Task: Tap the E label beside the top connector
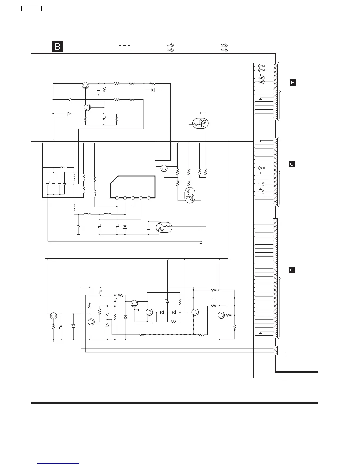pos(292,83)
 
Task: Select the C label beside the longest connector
pos(291,270)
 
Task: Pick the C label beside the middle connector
pos(292,164)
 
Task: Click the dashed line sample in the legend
pos(124,46)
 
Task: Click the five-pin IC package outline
pos(133,187)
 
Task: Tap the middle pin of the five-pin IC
pos(133,198)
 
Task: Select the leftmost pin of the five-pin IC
pos(117,198)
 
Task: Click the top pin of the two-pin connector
pos(275,348)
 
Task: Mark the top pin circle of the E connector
pos(275,66)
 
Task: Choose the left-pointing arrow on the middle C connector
pos(261,168)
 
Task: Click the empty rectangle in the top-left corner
pos(31,9)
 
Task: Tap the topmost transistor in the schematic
pos(85,85)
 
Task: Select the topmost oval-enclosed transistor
pos(200,124)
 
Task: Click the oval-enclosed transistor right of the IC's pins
pos(164,227)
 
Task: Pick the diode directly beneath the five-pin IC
pos(125,227)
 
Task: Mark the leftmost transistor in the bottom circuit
pos(54,316)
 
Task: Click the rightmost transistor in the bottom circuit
pos(221,315)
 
